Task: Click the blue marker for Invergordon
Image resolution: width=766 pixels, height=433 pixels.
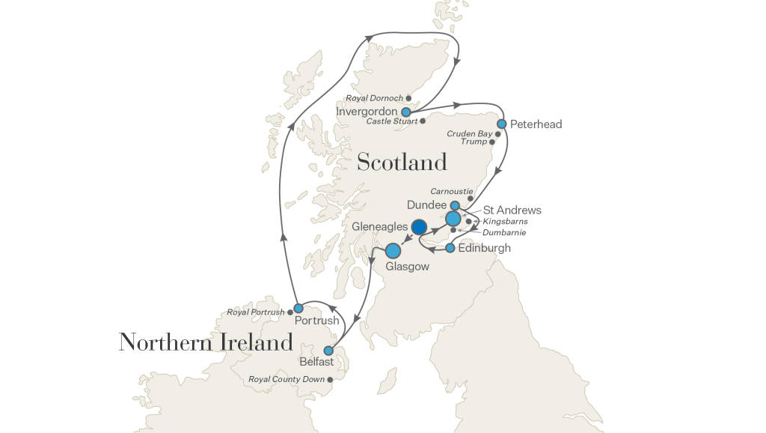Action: [406, 112]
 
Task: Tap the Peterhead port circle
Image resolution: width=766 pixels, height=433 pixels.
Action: [502, 124]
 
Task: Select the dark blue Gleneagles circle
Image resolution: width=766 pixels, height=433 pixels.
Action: [419, 226]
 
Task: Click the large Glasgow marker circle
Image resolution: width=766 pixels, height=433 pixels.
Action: [393, 252]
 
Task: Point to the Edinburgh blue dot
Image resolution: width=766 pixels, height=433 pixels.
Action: [450, 248]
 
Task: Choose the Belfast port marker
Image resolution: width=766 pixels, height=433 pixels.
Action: [328, 351]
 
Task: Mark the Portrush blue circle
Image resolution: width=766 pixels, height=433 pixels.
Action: [298, 308]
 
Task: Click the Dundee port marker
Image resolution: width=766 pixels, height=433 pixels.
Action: [455, 205]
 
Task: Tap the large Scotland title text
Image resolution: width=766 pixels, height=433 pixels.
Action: [402, 162]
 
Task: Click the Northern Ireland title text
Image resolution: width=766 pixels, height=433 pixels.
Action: [206, 342]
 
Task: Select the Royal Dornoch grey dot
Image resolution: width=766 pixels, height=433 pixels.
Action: [408, 97]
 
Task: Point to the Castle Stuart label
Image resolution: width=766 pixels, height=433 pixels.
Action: [391, 121]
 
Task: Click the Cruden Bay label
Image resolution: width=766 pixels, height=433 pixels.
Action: [469, 133]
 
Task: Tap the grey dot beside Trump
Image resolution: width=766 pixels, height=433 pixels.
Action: [492, 142]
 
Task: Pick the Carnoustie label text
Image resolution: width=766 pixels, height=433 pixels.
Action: [451, 191]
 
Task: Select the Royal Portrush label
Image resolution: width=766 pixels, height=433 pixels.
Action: [256, 312]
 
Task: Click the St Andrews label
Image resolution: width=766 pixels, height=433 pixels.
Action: [512, 211]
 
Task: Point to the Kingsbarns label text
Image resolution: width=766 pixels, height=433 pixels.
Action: [505, 222]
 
